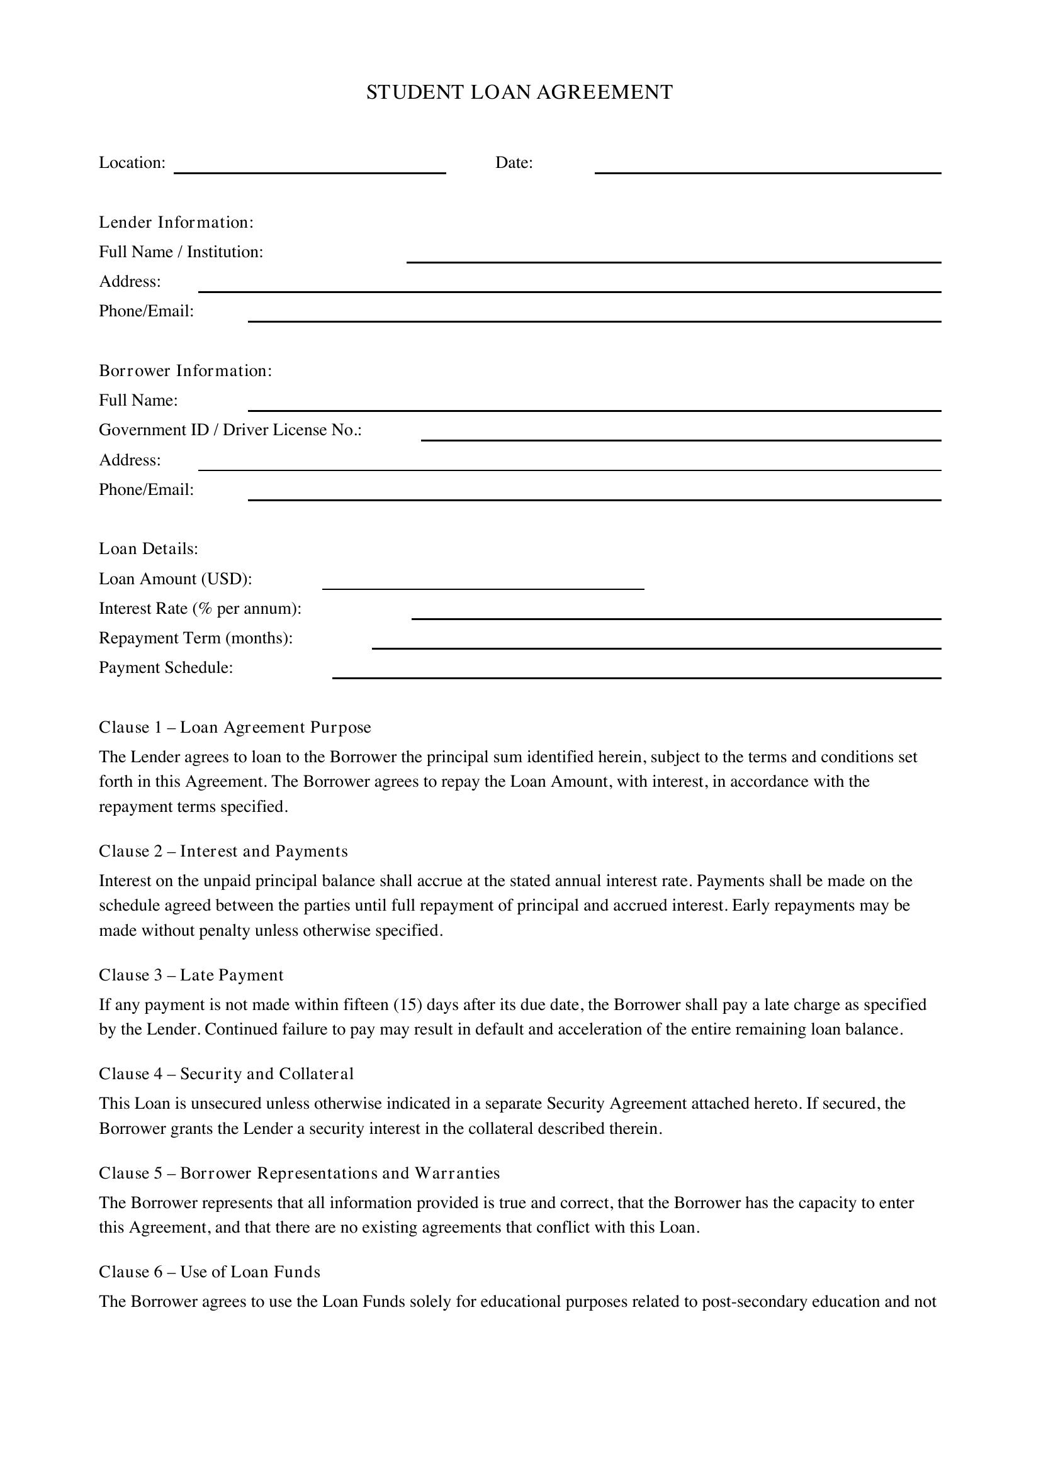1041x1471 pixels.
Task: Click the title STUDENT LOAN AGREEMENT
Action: pyautogui.click(x=519, y=92)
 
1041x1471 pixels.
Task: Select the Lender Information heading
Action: pyautogui.click(x=176, y=222)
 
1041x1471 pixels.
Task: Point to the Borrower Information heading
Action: pyautogui.click(x=185, y=371)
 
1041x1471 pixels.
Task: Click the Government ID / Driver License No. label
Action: pyautogui.click(x=230, y=430)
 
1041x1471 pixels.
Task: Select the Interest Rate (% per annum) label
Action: pyautogui.click(x=200, y=609)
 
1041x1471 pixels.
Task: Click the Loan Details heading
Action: pyautogui.click(x=149, y=549)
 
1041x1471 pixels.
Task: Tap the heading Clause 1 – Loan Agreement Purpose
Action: pyautogui.click(x=235, y=728)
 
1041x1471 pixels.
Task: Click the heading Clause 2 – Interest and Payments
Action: pyautogui.click(x=223, y=852)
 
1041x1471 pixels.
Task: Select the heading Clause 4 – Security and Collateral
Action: pyautogui.click(x=227, y=1074)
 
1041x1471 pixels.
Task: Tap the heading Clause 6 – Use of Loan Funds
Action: pyautogui.click(x=210, y=1272)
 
